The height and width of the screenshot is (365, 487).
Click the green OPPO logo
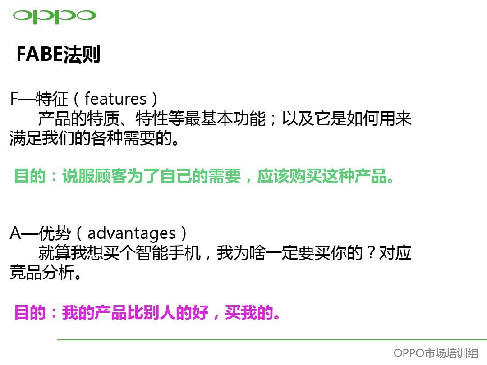pyautogui.click(x=55, y=16)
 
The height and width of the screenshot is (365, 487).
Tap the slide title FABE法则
pyautogui.click(x=58, y=55)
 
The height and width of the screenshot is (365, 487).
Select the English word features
pyautogui.click(x=115, y=99)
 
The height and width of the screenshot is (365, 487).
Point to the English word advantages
pyautogui.click(x=132, y=233)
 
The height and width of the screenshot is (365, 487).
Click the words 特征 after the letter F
pyautogui.click(x=51, y=99)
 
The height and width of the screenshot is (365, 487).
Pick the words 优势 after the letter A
pyautogui.click(x=55, y=233)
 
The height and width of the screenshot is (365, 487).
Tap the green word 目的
pyautogui.click(x=30, y=176)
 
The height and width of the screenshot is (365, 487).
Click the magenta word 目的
pyautogui.click(x=30, y=312)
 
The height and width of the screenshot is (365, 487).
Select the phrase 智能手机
pyautogui.click(x=168, y=253)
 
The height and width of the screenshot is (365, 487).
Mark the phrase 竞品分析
pyautogui.click(x=42, y=272)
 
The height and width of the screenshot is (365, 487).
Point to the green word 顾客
pyautogui.click(x=111, y=176)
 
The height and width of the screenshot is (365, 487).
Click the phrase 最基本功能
pyautogui.click(x=225, y=119)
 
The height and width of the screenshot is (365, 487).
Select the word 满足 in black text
pyautogui.click(x=26, y=138)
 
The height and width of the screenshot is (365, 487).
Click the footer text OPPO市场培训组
pyautogui.click(x=436, y=353)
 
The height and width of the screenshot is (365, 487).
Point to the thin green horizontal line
pyautogui.click(x=272, y=340)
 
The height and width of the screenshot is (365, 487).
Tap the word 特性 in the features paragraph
pyautogui.click(x=152, y=119)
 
